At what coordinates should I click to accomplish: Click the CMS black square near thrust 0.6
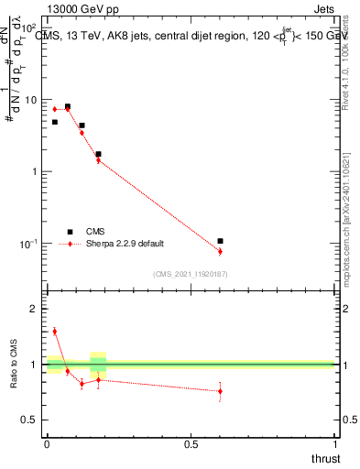[x=220, y=241]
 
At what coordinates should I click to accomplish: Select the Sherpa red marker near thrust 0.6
[x=220, y=251]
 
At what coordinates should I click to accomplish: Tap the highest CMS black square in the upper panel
[x=68, y=106]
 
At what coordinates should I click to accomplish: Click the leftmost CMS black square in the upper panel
[x=55, y=122]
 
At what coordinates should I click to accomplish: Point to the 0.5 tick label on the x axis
[x=191, y=444]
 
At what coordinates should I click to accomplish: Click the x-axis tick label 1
[x=335, y=444]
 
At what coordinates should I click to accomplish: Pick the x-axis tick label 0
[x=47, y=444]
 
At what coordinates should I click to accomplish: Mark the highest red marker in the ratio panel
[x=54, y=332]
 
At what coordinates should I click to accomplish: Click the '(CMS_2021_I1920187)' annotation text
[x=191, y=273]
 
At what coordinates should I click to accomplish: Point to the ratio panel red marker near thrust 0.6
[x=220, y=391]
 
